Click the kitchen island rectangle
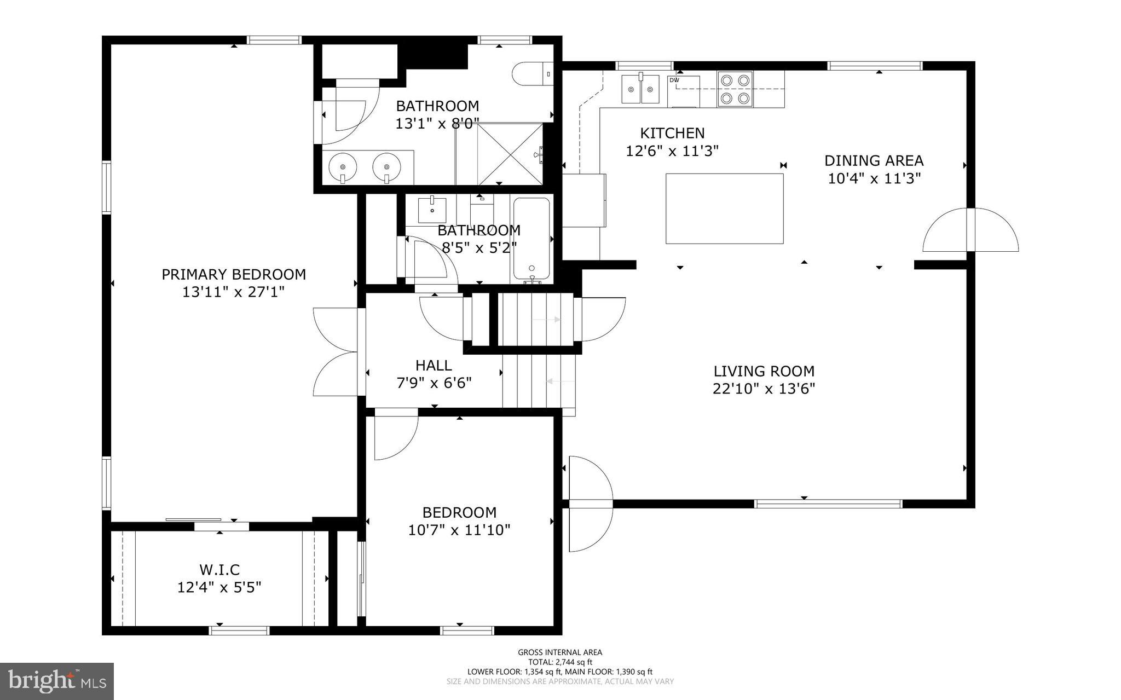click(x=724, y=209)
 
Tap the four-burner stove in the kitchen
click(x=735, y=89)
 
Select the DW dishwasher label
click(x=674, y=80)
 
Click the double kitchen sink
click(x=640, y=89)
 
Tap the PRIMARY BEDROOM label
click(x=234, y=274)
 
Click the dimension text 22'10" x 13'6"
click(x=764, y=389)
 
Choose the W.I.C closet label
click(x=219, y=570)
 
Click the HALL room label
click(x=434, y=365)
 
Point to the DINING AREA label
click(x=874, y=161)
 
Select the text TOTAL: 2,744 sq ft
click(x=560, y=662)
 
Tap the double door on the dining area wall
click(x=970, y=230)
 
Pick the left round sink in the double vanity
click(x=343, y=166)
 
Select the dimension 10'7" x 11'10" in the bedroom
click(x=459, y=530)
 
